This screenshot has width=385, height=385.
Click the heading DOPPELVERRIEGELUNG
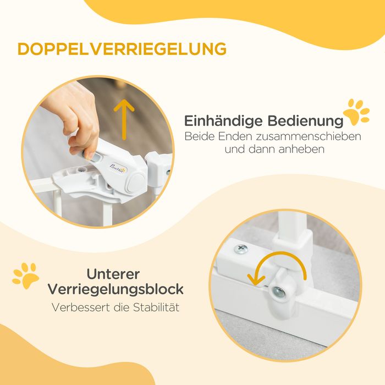click(x=122, y=49)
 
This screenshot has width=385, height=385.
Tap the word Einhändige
click(x=223, y=121)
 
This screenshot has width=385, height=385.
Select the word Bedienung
click(x=305, y=121)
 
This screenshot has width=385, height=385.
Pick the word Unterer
click(x=113, y=274)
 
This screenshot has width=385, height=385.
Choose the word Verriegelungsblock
click(x=116, y=290)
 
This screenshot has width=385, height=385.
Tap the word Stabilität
click(x=156, y=307)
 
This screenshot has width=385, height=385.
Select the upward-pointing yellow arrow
click(x=124, y=119)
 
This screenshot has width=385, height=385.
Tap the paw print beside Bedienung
click(x=356, y=112)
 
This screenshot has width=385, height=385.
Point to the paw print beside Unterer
click(x=26, y=276)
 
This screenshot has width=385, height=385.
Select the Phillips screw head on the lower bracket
click(x=241, y=249)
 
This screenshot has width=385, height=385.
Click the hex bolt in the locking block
click(x=278, y=292)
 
